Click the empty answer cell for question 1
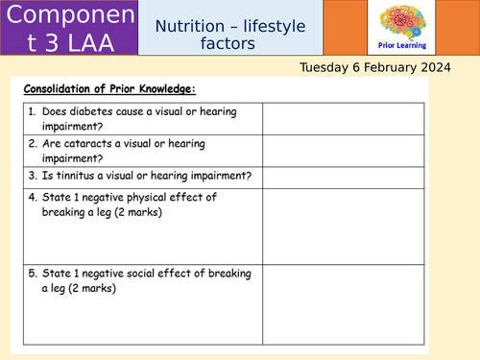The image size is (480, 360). [342, 119]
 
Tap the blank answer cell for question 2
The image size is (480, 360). [342, 150]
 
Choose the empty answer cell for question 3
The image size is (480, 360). [342, 177]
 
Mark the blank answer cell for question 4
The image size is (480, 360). [342, 225]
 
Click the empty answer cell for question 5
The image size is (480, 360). [342, 302]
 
